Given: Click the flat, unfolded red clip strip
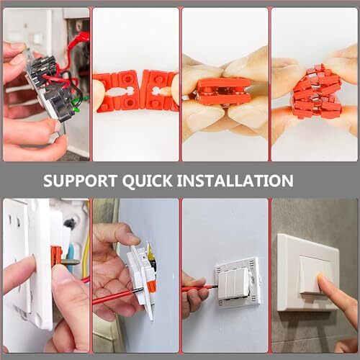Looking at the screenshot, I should point(135,91).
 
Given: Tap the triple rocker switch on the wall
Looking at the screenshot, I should point(238,282).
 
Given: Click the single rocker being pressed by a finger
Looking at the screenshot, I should point(310,274).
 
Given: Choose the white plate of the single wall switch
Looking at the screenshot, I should point(307,272).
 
